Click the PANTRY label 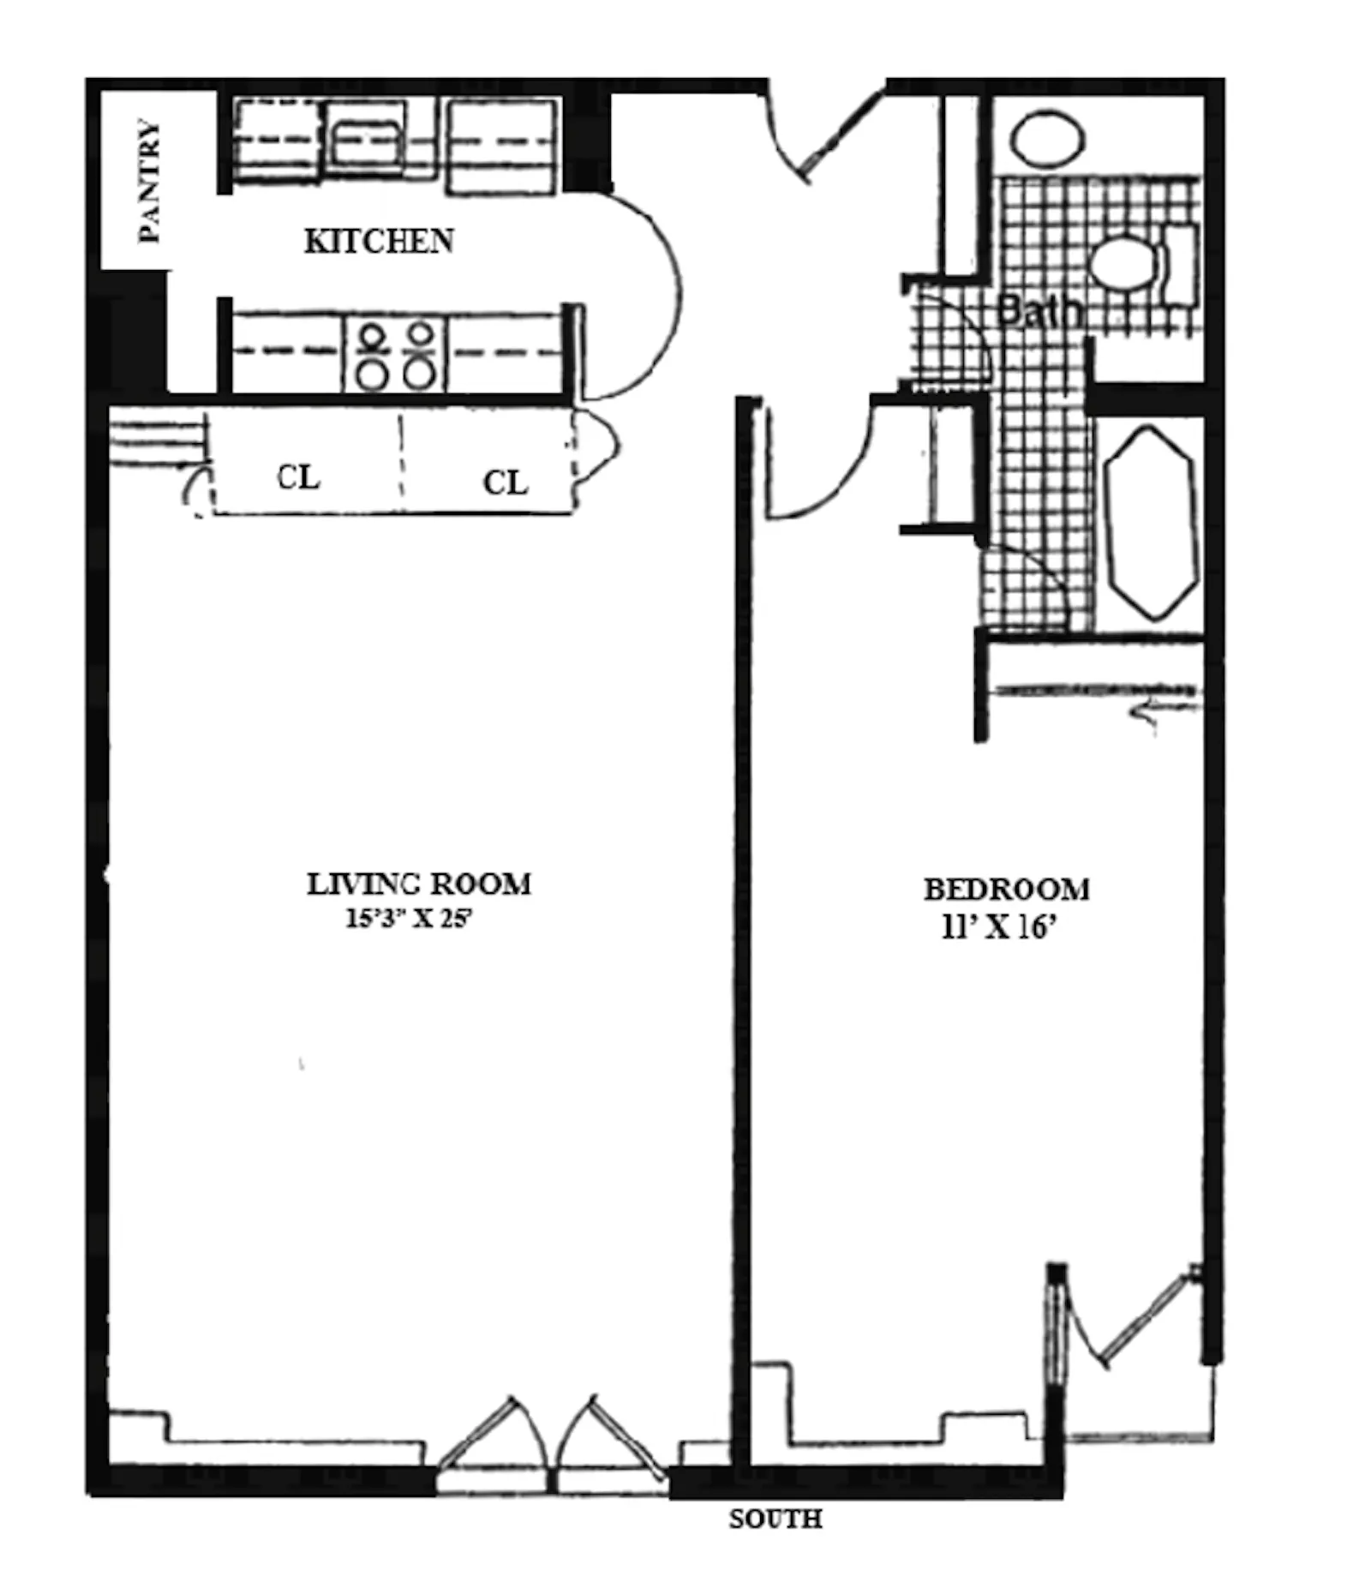point(149,182)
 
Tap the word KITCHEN point(379,242)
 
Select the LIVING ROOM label point(419,884)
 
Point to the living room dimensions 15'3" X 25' point(409,919)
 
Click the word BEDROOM point(1006,890)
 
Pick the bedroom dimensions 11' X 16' point(997,927)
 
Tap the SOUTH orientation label point(775,1519)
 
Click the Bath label point(1039,310)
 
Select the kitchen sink point(367,141)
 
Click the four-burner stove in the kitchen point(395,355)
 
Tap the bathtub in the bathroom point(1150,523)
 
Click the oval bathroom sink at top point(1046,138)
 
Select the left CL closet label point(298,477)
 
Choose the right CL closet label point(506,483)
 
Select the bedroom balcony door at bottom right point(1131,1324)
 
